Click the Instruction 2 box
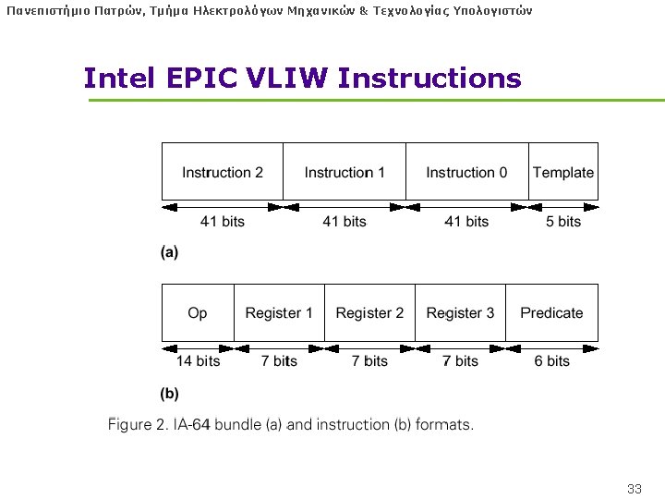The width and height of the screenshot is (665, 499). pos(223,172)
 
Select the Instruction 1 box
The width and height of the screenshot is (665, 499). pos(345,172)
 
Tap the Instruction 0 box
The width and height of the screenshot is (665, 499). pos(466,172)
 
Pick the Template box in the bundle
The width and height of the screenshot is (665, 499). pos(563,172)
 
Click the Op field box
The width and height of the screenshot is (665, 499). pos(198,312)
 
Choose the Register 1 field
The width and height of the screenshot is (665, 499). pos(279,312)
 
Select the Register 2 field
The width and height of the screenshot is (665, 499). pos(369,312)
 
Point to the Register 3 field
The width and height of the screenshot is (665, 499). pos(460,312)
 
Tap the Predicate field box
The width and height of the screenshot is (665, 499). pos(551,312)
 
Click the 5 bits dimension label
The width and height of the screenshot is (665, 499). pos(563,222)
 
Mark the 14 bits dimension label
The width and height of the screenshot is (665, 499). pos(198,361)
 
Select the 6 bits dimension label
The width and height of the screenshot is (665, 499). pos(552,361)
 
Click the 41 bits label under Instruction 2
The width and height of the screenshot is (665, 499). pos(223,222)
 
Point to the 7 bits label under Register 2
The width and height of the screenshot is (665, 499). pos(369,361)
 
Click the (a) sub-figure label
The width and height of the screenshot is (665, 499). pos(169,251)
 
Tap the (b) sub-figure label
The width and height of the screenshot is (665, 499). pos(169,393)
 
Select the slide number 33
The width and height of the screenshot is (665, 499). pos(634,488)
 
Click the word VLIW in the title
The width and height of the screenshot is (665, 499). pos(287,79)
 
